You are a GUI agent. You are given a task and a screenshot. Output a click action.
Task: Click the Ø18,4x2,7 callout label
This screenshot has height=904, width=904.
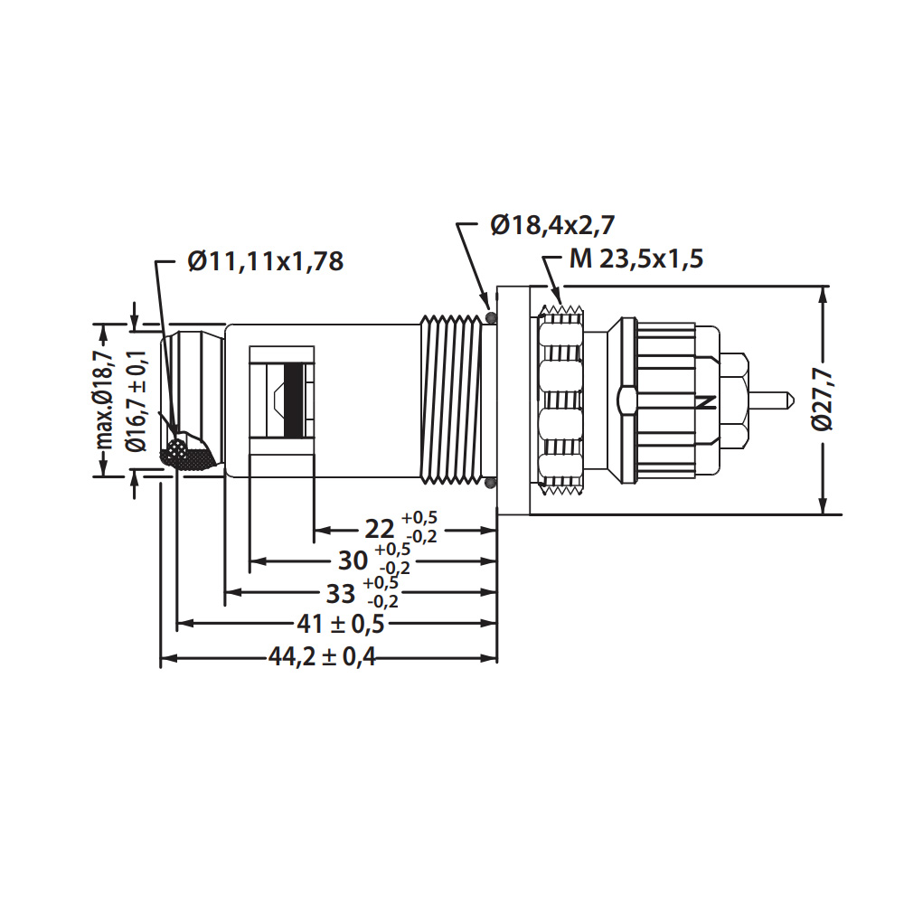tap(552, 225)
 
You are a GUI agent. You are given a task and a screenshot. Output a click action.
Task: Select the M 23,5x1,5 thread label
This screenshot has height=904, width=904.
tap(636, 259)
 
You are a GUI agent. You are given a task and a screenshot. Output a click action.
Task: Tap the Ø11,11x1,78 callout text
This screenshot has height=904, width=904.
tap(266, 261)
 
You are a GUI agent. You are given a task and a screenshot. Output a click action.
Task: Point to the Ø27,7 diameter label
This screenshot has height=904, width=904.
tap(823, 400)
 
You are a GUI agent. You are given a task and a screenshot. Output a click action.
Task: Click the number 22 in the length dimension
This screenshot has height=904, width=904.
tap(380, 529)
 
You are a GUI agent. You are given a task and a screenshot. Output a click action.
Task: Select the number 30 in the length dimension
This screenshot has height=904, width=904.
tap(353, 560)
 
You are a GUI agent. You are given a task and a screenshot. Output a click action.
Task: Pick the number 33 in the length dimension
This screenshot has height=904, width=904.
tap(341, 594)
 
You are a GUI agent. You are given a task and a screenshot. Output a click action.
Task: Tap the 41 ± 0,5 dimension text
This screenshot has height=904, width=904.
tap(341, 624)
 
